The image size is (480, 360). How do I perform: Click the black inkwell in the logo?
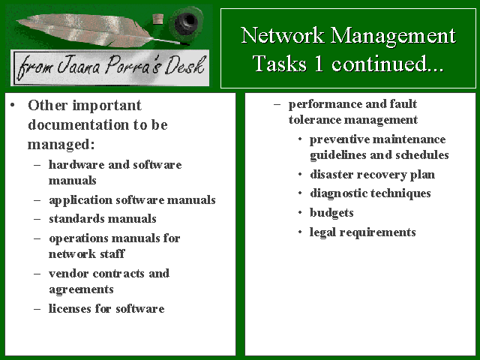[x=186, y=22]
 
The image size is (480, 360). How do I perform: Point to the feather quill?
[x=98, y=31]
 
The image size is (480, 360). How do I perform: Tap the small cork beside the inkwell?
[x=158, y=18]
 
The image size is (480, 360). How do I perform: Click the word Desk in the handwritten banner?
[x=184, y=66]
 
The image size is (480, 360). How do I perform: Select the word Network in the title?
[x=282, y=35]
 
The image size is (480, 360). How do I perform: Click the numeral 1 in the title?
[x=318, y=64]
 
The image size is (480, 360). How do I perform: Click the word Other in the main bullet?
[x=47, y=105]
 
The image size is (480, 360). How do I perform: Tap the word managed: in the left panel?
[x=61, y=145]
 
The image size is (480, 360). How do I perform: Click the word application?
[x=81, y=200]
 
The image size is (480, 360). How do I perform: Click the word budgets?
[x=331, y=213]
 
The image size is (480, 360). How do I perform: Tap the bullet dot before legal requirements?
[x=300, y=232]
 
